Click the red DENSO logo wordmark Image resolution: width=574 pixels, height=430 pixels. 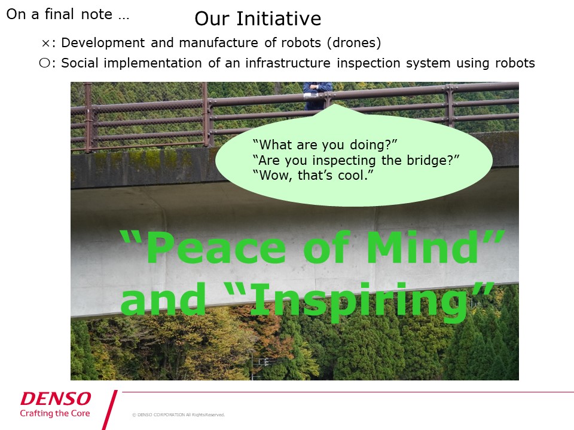coord(56,398)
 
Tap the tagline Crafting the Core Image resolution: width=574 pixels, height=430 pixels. coord(55,413)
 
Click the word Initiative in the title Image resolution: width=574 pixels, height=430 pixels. coord(279,19)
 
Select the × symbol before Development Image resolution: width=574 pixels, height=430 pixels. coord(45,44)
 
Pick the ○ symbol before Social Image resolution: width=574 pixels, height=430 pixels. coord(44,63)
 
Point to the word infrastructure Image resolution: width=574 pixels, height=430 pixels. coord(288,63)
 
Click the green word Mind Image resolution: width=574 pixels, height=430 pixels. coord(423,247)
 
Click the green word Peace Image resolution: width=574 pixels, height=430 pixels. coord(216,247)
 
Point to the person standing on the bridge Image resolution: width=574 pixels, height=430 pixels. coord(317,96)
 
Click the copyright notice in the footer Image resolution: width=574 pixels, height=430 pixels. coord(179,414)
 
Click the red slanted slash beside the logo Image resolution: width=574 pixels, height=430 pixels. coord(109,410)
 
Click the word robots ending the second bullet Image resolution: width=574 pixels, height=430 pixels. coord(515,63)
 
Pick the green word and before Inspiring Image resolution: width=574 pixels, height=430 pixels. coord(163,299)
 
